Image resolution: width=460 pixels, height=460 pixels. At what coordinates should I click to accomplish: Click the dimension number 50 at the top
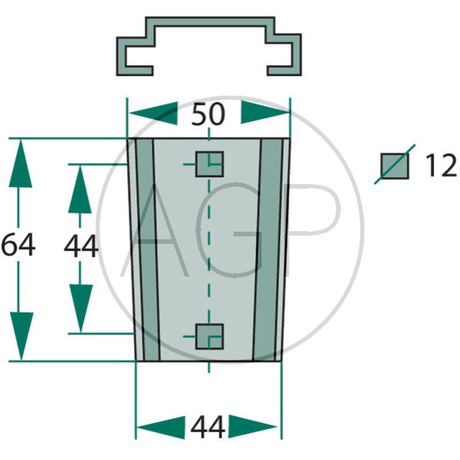(208, 114)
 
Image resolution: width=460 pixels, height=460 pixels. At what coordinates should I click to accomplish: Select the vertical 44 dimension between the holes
(81, 246)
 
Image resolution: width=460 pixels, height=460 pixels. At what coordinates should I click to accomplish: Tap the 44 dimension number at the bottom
(208, 427)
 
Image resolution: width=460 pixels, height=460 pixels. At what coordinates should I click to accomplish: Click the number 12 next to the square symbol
(441, 166)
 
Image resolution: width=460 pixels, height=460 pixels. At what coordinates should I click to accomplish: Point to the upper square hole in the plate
(209, 164)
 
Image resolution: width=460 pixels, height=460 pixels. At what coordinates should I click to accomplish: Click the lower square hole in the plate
(209, 336)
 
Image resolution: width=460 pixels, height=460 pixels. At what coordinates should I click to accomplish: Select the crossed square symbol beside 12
(394, 165)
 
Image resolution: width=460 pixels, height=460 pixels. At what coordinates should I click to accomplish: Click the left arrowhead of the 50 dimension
(154, 113)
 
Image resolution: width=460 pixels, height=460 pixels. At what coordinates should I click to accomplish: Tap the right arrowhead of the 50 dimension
(265, 112)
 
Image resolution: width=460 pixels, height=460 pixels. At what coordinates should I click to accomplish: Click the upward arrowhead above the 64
(20, 163)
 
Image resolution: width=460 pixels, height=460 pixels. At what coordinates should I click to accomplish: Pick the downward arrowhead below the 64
(21, 336)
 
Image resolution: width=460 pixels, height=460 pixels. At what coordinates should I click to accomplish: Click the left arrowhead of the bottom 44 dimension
(161, 427)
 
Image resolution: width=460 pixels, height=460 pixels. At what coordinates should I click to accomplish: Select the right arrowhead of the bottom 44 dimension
(252, 427)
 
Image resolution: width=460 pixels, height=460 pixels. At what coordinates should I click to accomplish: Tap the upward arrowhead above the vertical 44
(80, 189)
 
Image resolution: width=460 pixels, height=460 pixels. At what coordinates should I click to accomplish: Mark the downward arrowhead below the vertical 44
(81, 308)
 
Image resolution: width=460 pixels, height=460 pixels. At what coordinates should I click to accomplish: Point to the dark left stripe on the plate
(148, 250)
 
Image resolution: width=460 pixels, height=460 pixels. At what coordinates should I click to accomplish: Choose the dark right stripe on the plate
(267, 250)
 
